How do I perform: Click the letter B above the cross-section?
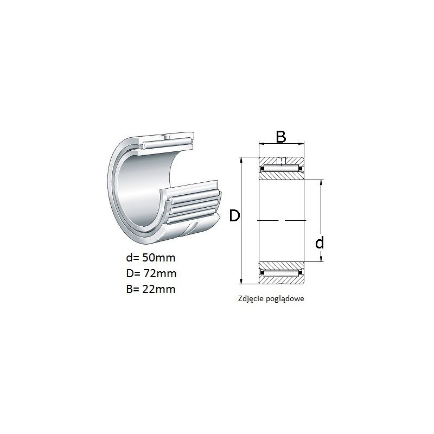[x=281, y=137]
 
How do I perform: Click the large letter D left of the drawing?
[x=234, y=215]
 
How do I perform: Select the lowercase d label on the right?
[x=320, y=242]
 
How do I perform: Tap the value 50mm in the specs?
[x=159, y=258]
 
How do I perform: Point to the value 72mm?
[x=160, y=273]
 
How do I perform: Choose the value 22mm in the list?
[x=159, y=289]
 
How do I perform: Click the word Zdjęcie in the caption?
[x=251, y=299]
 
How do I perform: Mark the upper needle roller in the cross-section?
[x=281, y=168]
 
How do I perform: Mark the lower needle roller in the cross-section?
[x=281, y=273]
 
